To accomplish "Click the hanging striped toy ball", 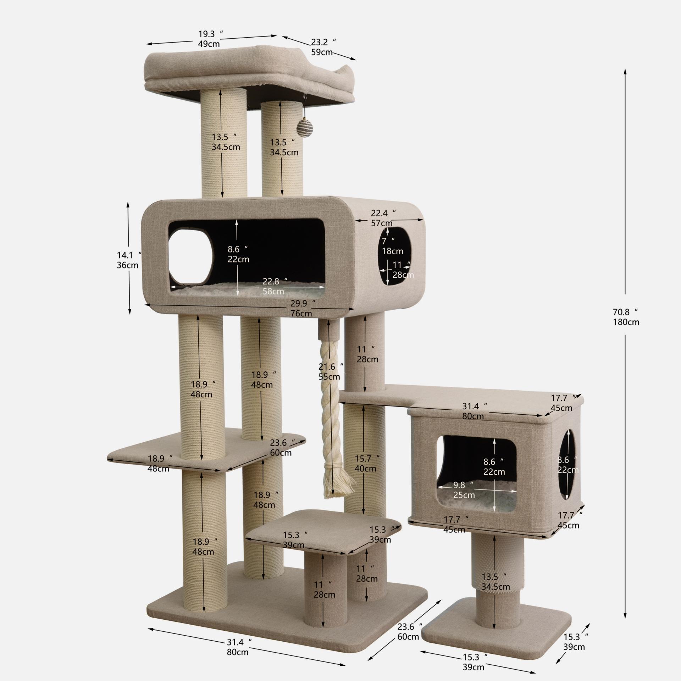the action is coord(304,126).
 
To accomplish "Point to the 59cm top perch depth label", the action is coord(322,52).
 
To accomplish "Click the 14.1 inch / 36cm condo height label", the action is coord(129,260).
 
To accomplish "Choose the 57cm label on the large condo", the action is coord(382,223).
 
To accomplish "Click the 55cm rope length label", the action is coord(329,377).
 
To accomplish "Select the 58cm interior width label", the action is coord(273,291).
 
